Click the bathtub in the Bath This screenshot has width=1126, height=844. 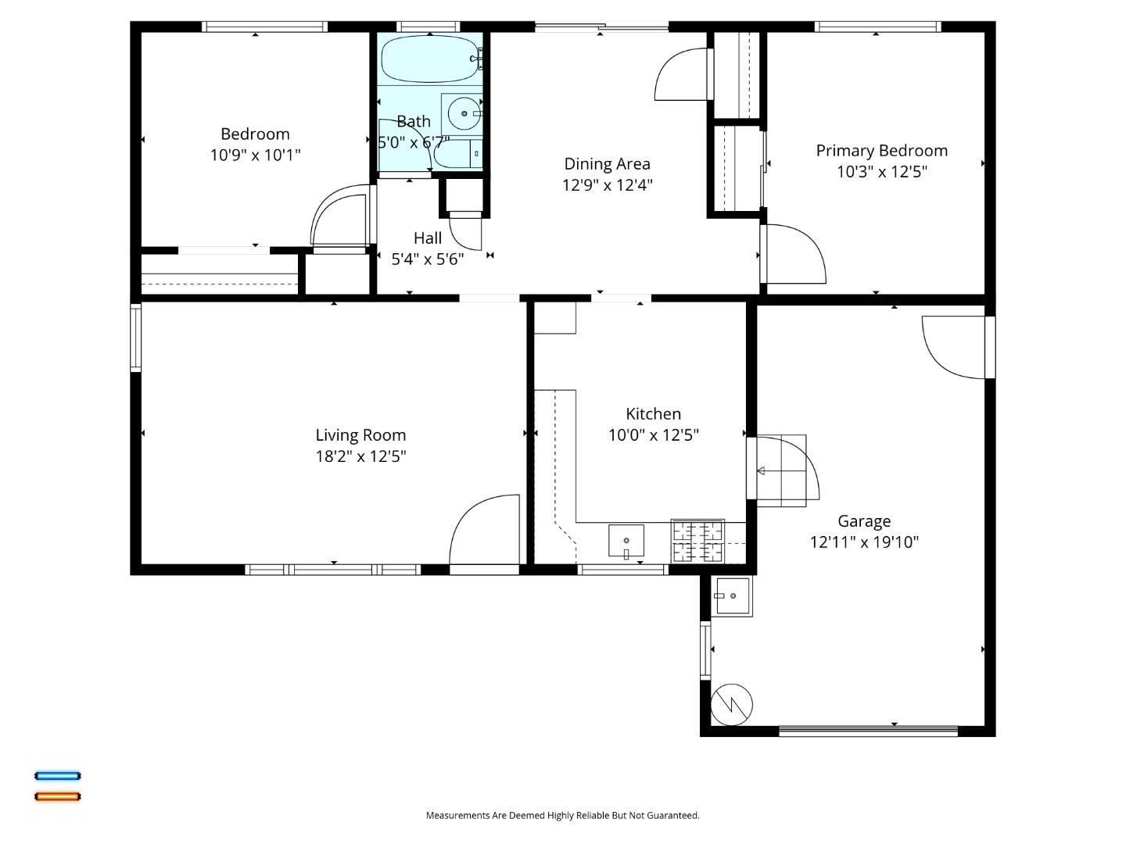429,59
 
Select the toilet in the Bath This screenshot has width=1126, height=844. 458,154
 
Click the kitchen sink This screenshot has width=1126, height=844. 626,541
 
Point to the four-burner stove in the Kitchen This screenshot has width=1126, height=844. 697,541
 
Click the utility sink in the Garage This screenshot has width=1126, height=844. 732,596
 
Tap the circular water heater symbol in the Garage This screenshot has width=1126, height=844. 732,704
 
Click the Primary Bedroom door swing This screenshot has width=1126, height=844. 794,254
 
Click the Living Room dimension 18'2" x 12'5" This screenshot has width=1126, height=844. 360,456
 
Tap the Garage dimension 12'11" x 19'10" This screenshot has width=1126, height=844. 864,542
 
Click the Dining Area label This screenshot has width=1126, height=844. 607,164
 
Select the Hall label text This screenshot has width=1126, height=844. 428,238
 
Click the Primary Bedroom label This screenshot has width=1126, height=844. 881,151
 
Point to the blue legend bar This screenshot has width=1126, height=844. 57,776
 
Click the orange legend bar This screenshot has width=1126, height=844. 57,796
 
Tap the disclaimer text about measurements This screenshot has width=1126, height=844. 562,815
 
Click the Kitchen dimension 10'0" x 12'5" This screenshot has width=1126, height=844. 653,435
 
